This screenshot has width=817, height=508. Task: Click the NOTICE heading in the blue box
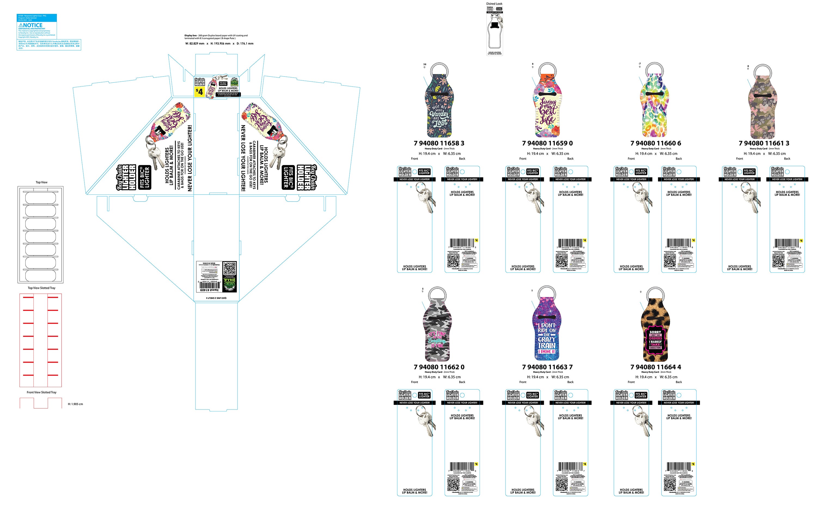click(31, 25)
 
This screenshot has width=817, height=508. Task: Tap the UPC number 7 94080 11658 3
click(439, 143)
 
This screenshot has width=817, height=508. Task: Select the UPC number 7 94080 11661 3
click(764, 143)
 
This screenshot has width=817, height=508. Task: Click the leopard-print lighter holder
click(655, 329)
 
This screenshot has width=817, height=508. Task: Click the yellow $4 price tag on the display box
click(199, 92)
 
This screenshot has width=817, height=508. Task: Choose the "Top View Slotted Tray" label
click(41, 288)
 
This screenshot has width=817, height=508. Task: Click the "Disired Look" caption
click(494, 4)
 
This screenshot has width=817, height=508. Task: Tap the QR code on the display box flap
click(230, 269)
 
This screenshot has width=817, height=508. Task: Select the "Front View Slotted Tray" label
click(42, 392)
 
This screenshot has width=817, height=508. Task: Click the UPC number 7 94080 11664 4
click(656, 367)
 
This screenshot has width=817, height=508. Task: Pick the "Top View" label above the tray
click(42, 182)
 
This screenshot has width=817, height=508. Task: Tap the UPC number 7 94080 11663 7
click(547, 367)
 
